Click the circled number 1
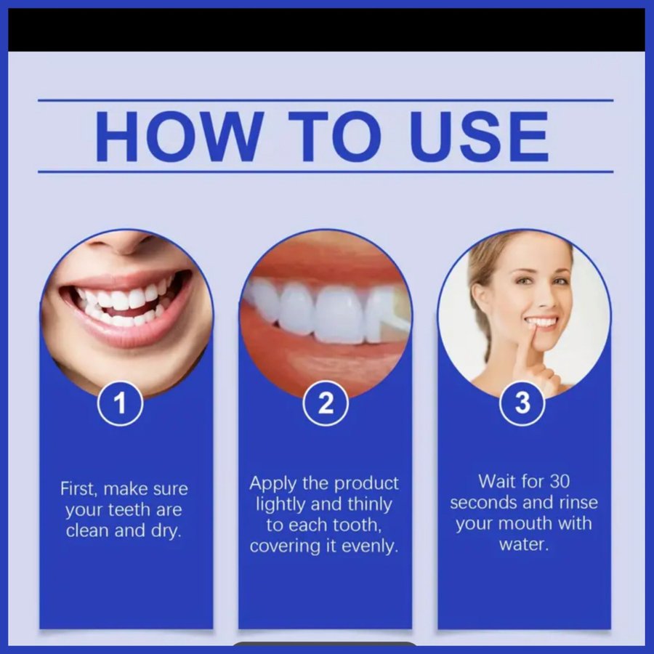point(120,403)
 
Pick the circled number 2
point(326,403)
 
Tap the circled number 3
point(522,403)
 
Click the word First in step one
point(78,488)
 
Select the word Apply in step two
point(272,484)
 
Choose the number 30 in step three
point(560,481)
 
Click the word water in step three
point(524,544)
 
